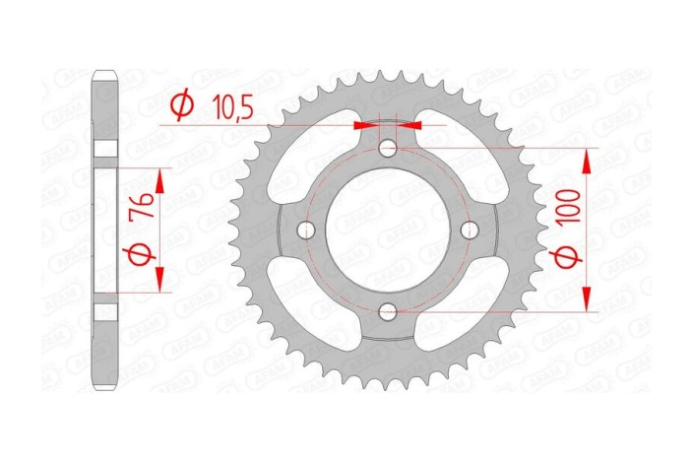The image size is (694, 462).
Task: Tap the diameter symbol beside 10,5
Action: [181, 102]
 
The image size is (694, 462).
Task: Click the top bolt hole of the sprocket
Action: [389, 149]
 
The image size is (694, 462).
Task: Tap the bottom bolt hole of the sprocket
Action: [389, 312]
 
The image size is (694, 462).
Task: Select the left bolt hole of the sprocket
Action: [307, 231]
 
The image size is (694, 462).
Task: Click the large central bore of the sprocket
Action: [389, 231]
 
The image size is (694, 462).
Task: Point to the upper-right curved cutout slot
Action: [465, 158]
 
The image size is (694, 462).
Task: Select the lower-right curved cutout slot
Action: [465, 303]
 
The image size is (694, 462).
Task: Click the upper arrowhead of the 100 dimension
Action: [588, 160]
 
